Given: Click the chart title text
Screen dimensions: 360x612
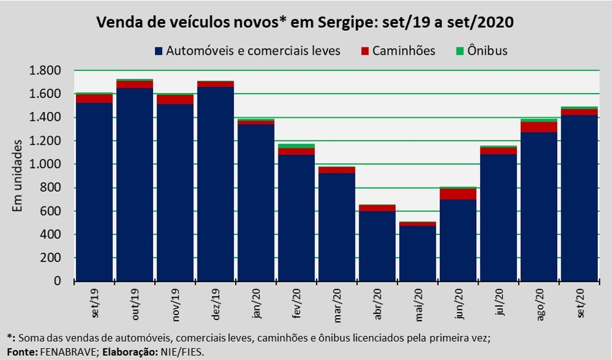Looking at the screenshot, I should (305, 23).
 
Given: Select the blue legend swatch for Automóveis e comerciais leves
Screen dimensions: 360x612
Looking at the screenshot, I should (159, 51).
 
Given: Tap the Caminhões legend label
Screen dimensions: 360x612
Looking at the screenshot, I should (404, 51).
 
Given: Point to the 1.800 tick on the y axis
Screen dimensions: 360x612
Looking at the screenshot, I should (45, 70).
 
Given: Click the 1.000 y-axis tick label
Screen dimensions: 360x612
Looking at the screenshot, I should (45, 164).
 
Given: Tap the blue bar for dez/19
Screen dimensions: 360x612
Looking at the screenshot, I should (215, 184).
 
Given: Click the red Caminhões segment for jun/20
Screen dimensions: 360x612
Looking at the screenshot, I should (457, 194).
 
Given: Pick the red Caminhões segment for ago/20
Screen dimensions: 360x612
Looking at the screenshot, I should (538, 127).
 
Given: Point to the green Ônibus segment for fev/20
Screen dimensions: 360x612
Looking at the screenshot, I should (296, 145).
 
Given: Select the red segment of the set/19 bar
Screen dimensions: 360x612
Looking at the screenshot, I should (94, 98).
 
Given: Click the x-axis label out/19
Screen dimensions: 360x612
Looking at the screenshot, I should (135, 303).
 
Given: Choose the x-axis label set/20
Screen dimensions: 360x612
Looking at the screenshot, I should (579, 303).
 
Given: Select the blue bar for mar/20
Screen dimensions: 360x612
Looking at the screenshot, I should (336, 227).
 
